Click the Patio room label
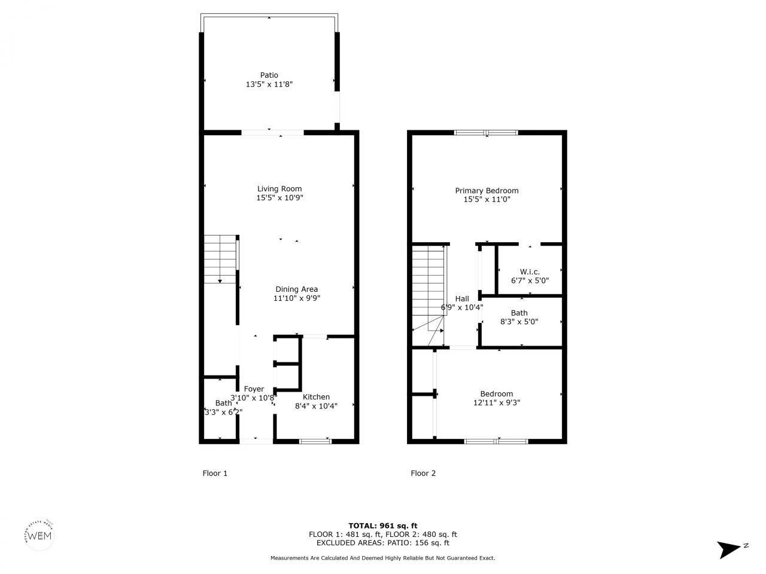(x=269, y=75)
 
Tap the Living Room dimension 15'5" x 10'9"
(x=279, y=198)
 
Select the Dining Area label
(x=296, y=289)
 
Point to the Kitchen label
(x=316, y=397)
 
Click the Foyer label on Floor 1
(x=254, y=389)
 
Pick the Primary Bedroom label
(x=487, y=191)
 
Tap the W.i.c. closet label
(x=530, y=271)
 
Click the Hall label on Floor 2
(x=462, y=299)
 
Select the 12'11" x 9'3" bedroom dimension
(x=497, y=403)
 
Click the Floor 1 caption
(x=215, y=474)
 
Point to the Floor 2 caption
(x=423, y=474)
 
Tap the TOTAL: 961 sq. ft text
(x=383, y=526)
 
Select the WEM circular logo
(x=40, y=535)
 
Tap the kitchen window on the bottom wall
(x=315, y=441)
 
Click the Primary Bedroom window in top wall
(x=486, y=133)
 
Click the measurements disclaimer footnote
(x=383, y=558)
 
